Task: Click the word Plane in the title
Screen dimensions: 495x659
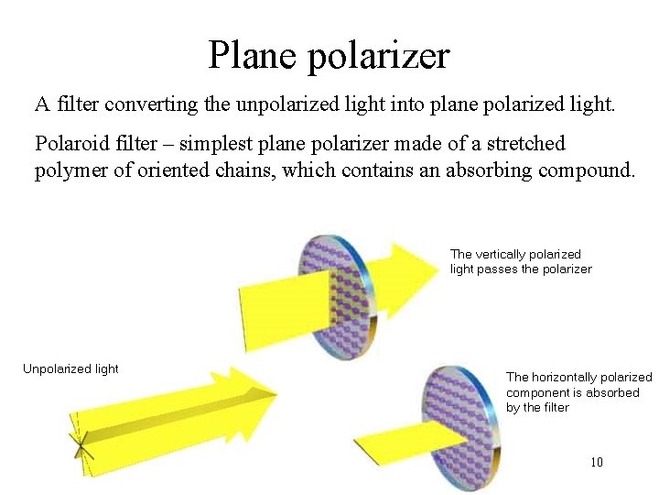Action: [251, 55]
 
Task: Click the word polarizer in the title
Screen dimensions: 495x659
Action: [379, 57]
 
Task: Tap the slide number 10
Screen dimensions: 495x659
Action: [597, 462]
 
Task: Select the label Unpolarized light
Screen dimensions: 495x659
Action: [70, 368]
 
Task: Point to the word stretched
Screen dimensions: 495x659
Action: [521, 144]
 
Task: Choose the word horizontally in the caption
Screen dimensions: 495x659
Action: [578, 377]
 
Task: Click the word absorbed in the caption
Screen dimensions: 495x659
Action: [614, 392]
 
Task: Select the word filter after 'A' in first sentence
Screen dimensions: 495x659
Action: [76, 104]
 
